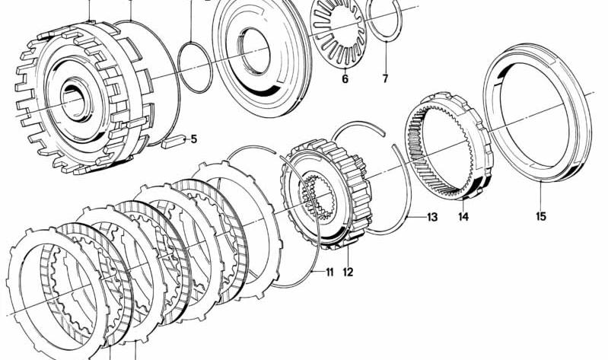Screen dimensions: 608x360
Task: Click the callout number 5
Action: click(x=193, y=139)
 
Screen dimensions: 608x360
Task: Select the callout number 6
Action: click(x=345, y=78)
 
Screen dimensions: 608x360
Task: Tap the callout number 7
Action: click(x=385, y=78)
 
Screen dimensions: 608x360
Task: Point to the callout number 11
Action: click(x=329, y=272)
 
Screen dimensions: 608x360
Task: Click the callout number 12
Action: click(x=348, y=272)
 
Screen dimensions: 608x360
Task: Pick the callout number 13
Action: click(x=432, y=217)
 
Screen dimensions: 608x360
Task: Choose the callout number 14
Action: click(x=463, y=216)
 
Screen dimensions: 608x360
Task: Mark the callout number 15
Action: click(x=541, y=216)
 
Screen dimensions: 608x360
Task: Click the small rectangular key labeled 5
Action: click(x=173, y=142)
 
